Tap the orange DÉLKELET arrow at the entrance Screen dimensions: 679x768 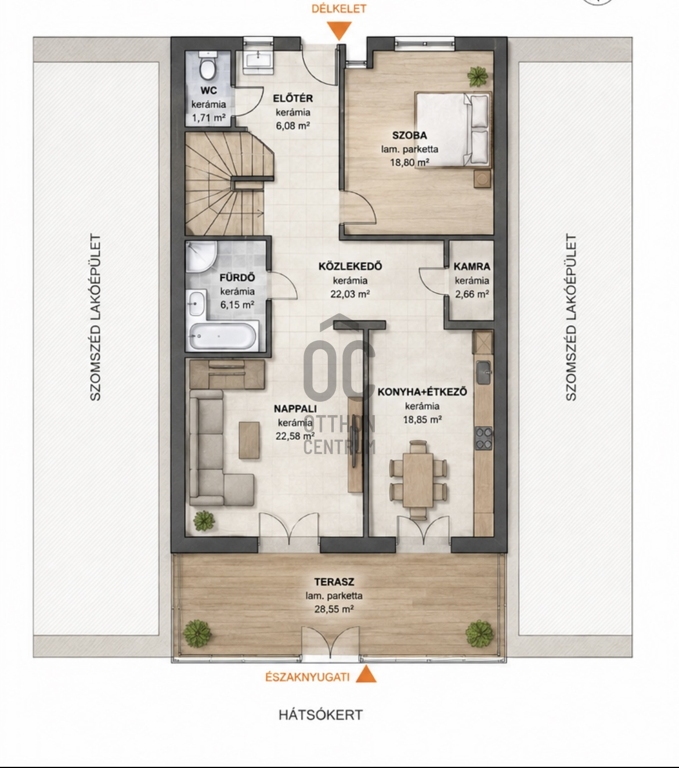pyautogui.click(x=339, y=31)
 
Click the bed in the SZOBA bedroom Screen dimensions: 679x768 pyautogui.click(x=453, y=129)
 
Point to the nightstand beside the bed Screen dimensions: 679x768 pyautogui.click(x=482, y=178)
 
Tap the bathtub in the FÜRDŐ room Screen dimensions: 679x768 pyautogui.click(x=223, y=336)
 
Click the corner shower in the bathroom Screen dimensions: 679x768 pyautogui.click(x=201, y=257)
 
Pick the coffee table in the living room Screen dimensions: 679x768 pyautogui.click(x=250, y=440)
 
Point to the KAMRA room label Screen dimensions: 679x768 pyautogui.click(x=472, y=266)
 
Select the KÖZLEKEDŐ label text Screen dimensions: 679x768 pyautogui.click(x=350, y=266)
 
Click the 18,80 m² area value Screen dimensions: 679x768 pyautogui.click(x=410, y=162)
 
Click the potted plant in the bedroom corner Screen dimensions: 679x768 pyautogui.click(x=478, y=77)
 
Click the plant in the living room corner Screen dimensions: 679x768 pyautogui.click(x=204, y=521)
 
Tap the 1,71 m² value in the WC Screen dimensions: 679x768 pyautogui.click(x=209, y=118)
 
